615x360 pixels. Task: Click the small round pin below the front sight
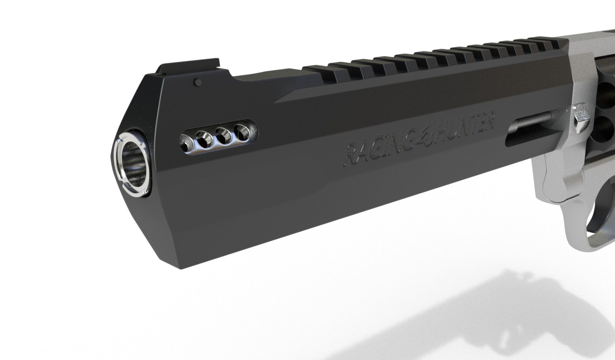pyautogui.click(x=197, y=81)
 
